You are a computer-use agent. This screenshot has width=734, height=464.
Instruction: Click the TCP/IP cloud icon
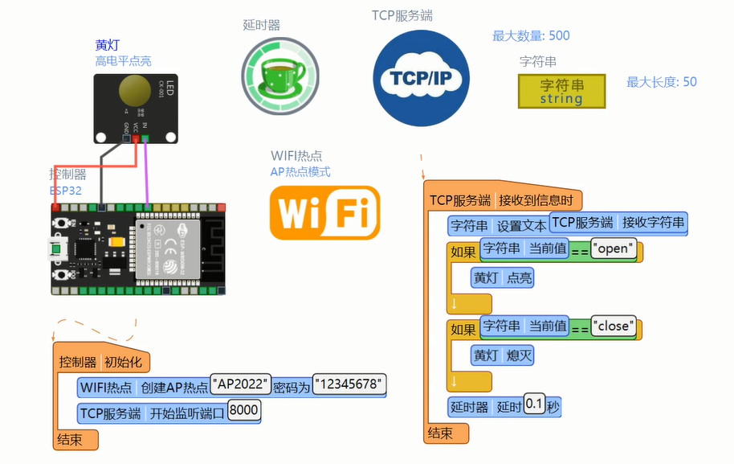pos(421,78)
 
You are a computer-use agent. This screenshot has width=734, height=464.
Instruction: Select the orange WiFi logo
pos(324,214)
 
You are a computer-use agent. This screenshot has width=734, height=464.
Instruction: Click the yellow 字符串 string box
pos(561,91)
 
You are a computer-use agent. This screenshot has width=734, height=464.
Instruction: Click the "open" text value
pos(614,248)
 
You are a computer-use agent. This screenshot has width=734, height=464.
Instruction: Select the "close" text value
pos(614,326)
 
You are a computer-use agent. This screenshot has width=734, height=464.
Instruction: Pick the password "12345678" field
pos(349,384)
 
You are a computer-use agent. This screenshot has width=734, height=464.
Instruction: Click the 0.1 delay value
pos(533,405)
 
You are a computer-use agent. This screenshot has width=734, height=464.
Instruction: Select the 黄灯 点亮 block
pos(502,278)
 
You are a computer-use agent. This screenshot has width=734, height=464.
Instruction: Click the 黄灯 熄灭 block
pos(502,355)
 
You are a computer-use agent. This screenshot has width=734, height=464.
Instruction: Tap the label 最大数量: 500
pos(531,35)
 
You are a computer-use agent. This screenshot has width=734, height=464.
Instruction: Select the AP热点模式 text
pos(300,171)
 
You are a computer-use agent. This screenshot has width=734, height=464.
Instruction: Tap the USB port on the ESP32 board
pos(57,249)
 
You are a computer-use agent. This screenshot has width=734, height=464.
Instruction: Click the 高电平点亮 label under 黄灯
pos(123,61)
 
